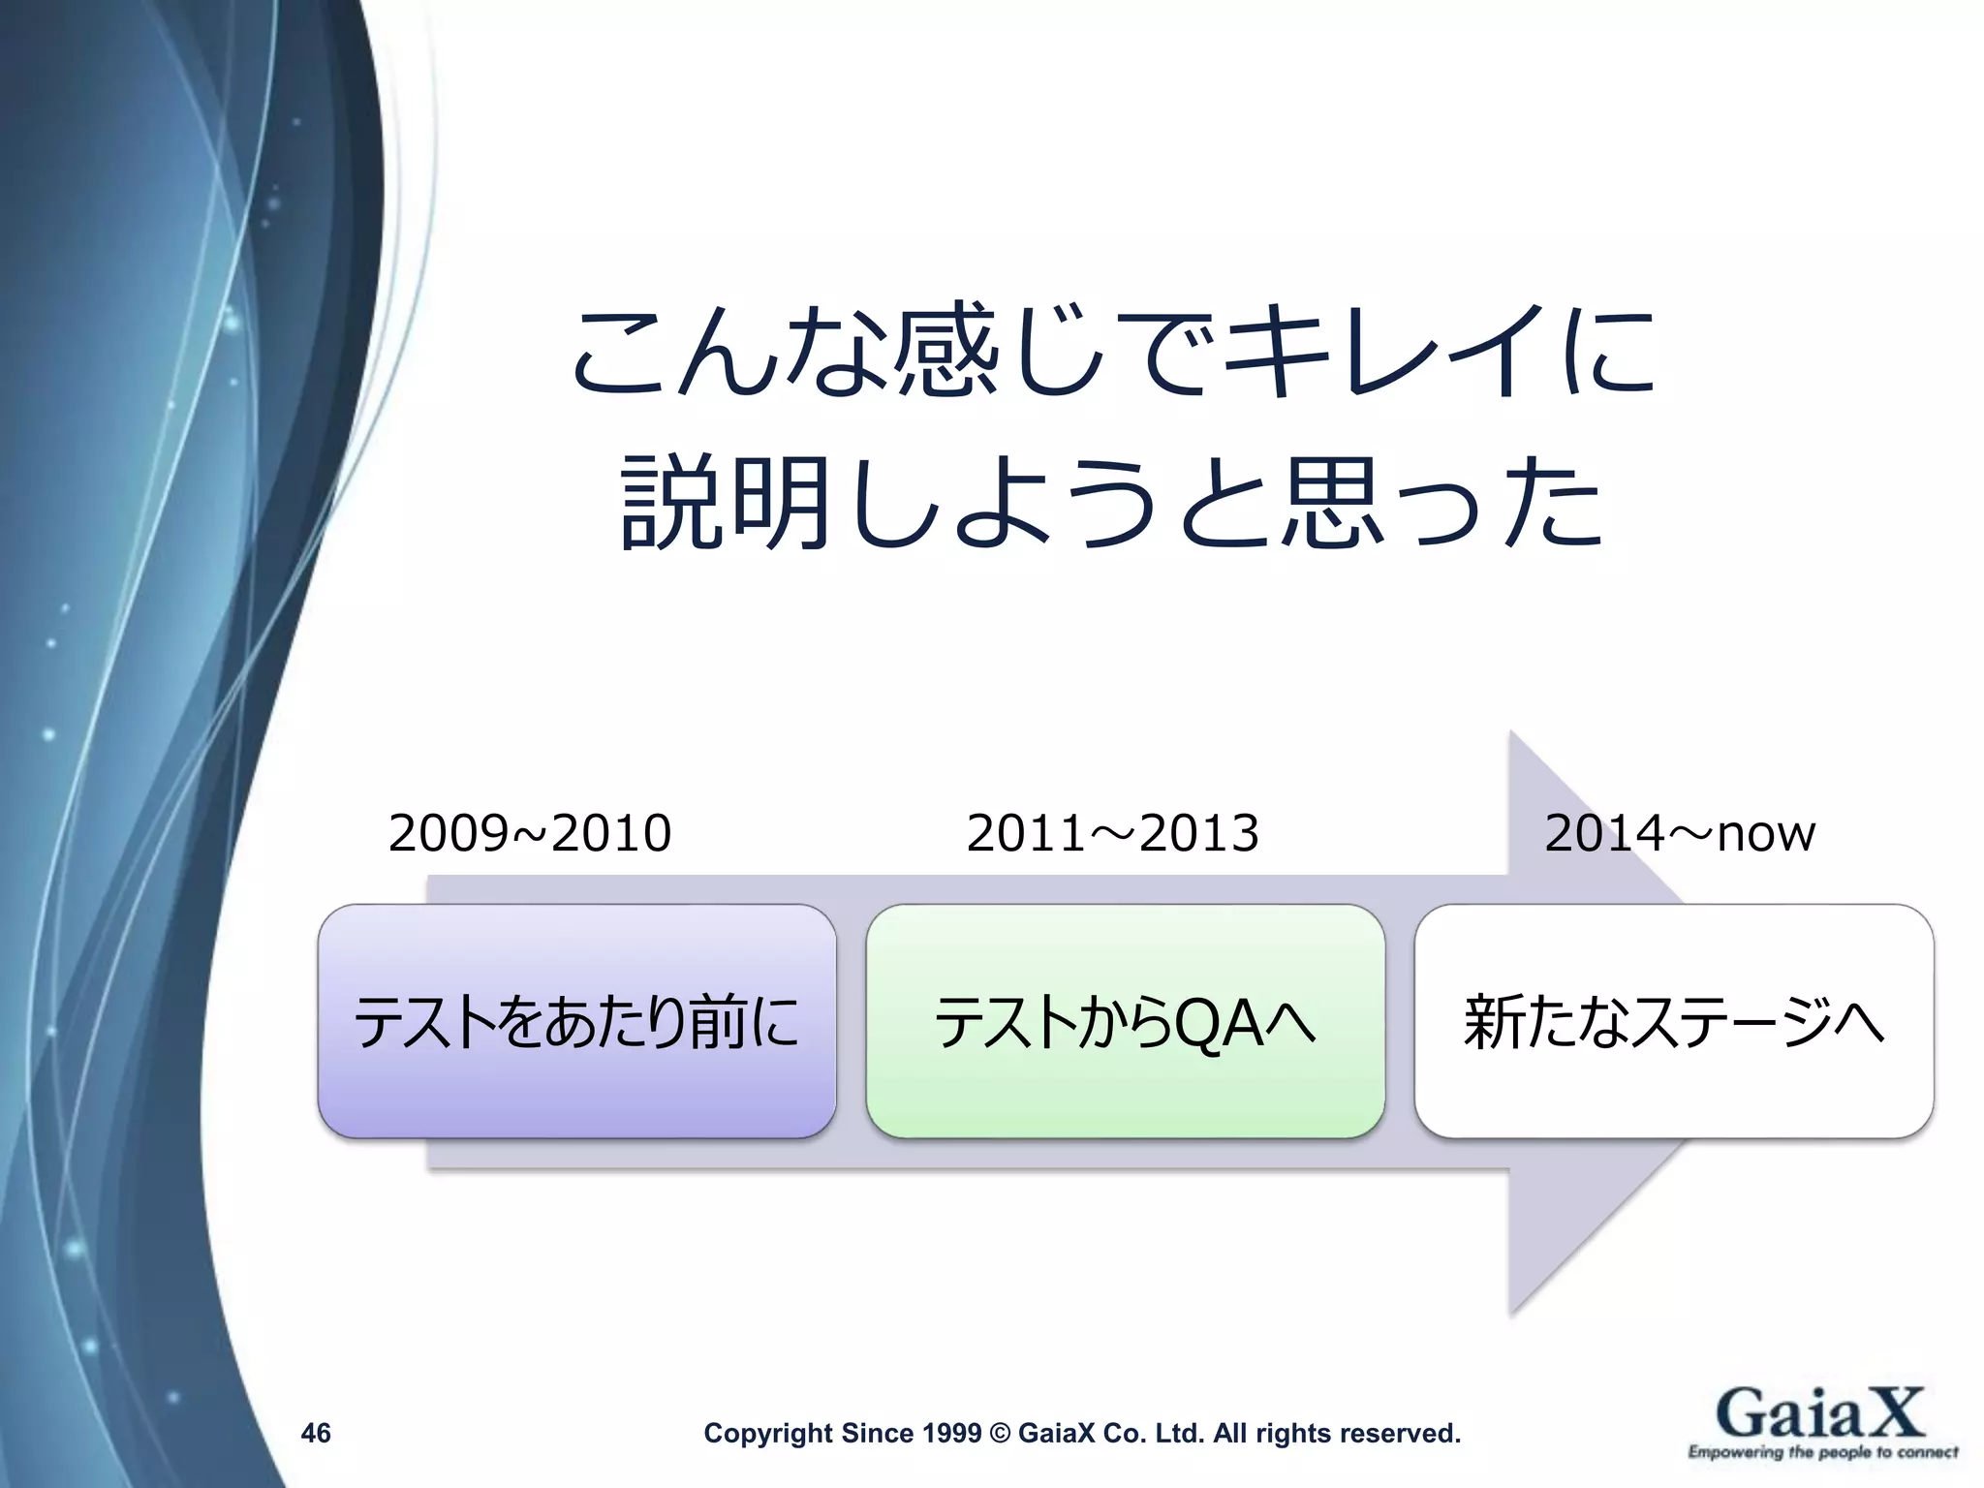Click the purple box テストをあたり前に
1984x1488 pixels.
click(576, 1022)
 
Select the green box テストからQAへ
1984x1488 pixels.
click(1125, 1022)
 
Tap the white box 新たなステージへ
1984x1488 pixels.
click(1673, 1022)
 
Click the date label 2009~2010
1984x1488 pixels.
click(530, 833)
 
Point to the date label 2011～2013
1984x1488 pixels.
click(1112, 833)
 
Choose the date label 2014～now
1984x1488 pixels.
click(1679, 833)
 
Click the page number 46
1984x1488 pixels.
click(316, 1433)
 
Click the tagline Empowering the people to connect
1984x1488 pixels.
click(1822, 1452)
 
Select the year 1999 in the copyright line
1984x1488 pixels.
click(951, 1433)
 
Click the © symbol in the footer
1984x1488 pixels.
click(1000, 1433)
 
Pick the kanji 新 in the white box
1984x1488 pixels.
click(1495, 1022)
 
